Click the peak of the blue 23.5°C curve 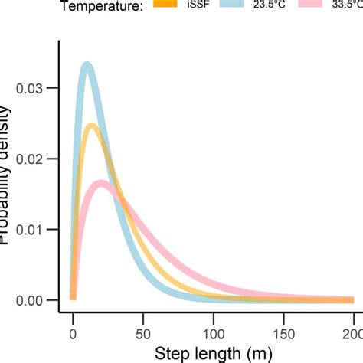(x=87, y=67)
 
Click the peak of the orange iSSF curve (x=92, y=127)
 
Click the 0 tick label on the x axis (x=73, y=335)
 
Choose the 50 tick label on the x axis (x=143, y=335)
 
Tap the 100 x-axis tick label (x=214, y=335)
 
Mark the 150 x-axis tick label (x=284, y=335)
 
